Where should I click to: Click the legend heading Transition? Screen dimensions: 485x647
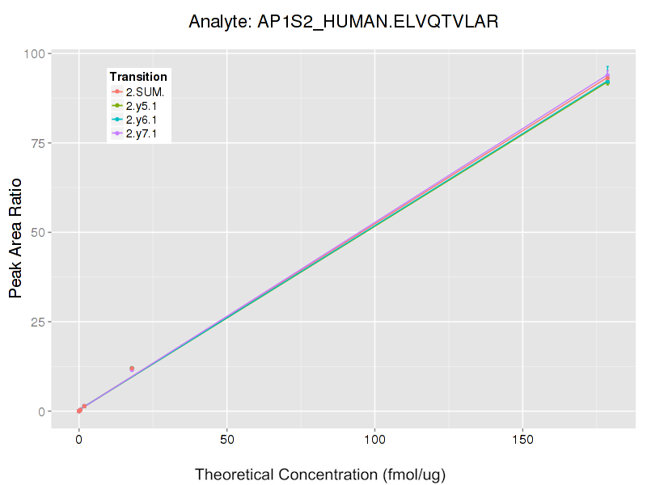(x=138, y=77)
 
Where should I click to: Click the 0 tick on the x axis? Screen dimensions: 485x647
(x=78, y=441)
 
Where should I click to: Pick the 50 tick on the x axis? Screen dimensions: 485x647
(x=226, y=441)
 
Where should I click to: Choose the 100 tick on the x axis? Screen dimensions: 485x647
(x=374, y=441)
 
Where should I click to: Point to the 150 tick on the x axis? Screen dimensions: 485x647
(x=522, y=441)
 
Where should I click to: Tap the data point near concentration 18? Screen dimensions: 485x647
(x=132, y=369)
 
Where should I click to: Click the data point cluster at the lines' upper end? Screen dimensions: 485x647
(x=607, y=79)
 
